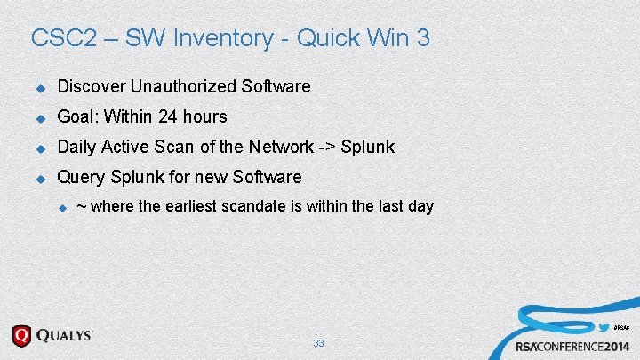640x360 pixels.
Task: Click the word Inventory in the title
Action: click(x=231, y=38)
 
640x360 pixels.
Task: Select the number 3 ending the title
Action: click(x=423, y=38)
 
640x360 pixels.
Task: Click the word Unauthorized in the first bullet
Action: click(x=184, y=86)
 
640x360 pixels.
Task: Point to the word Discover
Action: click(x=92, y=86)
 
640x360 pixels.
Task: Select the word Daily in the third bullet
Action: click(x=77, y=147)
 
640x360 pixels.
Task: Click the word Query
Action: click(x=80, y=177)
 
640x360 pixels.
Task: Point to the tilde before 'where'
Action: click(x=82, y=206)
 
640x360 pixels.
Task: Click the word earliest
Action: click(x=200, y=206)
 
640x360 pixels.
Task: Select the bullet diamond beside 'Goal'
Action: click(x=39, y=117)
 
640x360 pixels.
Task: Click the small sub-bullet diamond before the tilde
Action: click(x=62, y=207)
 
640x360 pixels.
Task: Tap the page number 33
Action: click(x=319, y=343)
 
